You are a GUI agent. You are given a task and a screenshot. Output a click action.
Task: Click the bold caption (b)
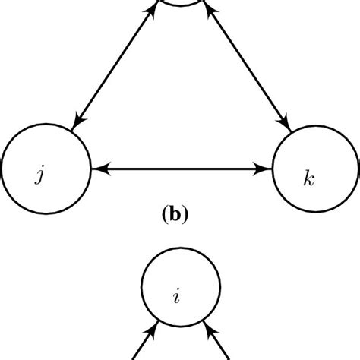pyautogui.click(x=175, y=215)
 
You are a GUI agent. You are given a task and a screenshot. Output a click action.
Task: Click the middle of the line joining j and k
pyautogui.click(x=181, y=168)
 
